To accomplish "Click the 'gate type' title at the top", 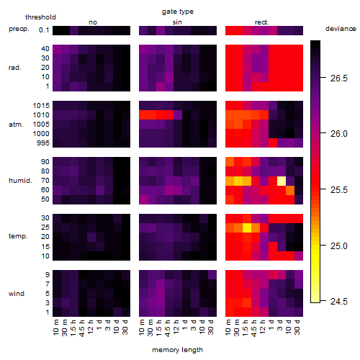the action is click(178, 12).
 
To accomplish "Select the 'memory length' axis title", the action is click(177, 350).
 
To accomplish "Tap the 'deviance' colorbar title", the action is click(341, 29).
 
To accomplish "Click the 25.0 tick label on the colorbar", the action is click(338, 246).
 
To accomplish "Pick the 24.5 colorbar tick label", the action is click(338, 301).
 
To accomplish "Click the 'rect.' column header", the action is click(261, 22).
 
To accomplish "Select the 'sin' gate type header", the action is click(177, 22).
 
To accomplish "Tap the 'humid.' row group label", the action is click(20, 181).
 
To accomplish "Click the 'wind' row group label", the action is click(17, 294).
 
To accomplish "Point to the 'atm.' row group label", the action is click(16, 125).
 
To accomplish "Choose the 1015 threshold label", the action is click(41, 106).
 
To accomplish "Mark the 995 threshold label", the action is click(43, 143).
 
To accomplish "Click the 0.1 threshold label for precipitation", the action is click(44, 30).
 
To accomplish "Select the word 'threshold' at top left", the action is click(40, 17).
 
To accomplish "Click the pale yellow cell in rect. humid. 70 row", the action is click(282, 181).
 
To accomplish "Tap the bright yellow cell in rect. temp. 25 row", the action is click(247, 228).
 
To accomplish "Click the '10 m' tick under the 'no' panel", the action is click(56, 328).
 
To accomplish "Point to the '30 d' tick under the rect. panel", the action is click(297, 328).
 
